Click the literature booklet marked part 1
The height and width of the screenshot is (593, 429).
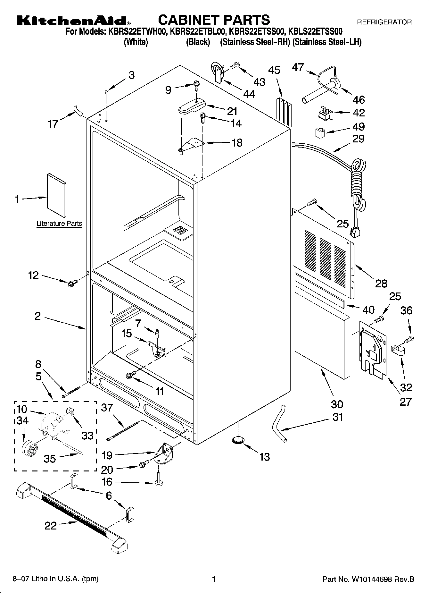point(57,195)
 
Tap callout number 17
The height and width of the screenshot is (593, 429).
point(53,124)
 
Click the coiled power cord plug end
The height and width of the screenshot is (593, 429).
point(354,232)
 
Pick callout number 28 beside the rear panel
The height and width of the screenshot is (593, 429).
point(381,283)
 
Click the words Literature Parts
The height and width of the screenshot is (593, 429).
point(59,224)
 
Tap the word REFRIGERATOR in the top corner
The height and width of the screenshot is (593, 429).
point(384,22)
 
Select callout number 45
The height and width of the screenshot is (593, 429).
point(274,70)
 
